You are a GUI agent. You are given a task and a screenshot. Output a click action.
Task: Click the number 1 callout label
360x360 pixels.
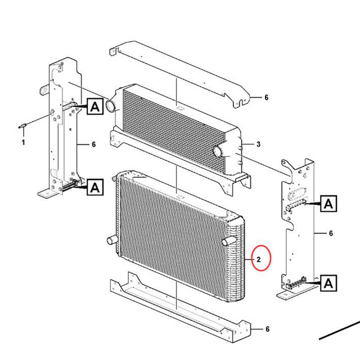23,143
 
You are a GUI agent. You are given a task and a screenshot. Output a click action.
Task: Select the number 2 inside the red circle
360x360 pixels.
259,259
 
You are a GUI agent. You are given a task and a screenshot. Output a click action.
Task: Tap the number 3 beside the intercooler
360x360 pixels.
258,145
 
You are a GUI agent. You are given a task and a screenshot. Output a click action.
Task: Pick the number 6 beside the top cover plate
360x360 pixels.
266,97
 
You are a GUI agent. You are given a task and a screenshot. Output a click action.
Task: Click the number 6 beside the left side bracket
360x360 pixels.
93,145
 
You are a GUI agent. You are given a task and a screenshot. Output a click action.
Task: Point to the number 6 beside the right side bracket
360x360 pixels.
331,233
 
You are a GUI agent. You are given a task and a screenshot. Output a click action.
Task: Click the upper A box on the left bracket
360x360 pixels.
94,105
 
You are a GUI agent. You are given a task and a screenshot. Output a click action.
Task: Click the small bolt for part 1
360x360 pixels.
24,125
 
